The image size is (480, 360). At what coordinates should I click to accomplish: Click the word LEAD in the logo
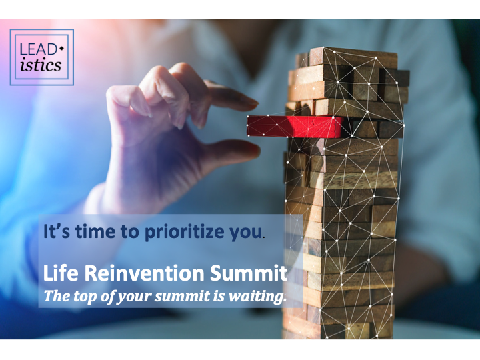pyautogui.click(x=38, y=49)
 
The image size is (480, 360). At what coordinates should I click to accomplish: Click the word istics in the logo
pyautogui.click(x=41, y=65)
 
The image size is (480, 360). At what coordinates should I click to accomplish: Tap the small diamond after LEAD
pyautogui.click(x=61, y=49)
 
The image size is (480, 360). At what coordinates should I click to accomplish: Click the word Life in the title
pyautogui.click(x=61, y=273)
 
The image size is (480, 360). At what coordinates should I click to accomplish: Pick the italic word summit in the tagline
pyautogui.click(x=183, y=296)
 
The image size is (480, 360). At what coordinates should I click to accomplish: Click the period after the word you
pyautogui.click(x=264, y=237)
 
